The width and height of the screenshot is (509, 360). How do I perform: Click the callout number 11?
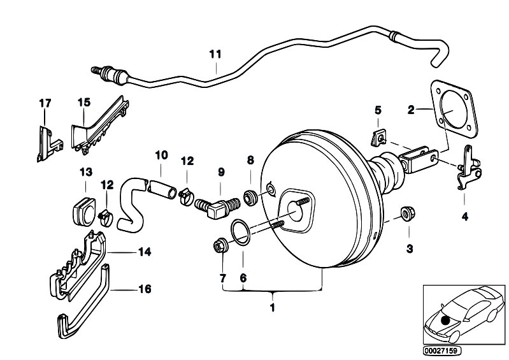[215, 54]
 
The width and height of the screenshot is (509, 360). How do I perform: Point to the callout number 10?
[161, 154]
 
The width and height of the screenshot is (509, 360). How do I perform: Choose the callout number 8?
[250, 160]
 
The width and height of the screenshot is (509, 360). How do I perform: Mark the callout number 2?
[412, 110]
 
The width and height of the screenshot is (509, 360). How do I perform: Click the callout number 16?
[145, 289]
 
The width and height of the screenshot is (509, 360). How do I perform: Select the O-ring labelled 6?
[240, 232]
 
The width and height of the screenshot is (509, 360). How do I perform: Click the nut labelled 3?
[404, 213]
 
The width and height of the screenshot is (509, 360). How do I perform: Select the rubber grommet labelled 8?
[250, 196]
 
